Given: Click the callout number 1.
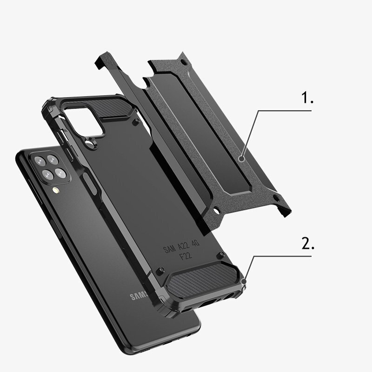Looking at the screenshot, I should pos(307,99).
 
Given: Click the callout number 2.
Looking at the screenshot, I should pos(308,244).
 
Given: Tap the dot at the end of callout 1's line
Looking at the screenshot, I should pos(242,159).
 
